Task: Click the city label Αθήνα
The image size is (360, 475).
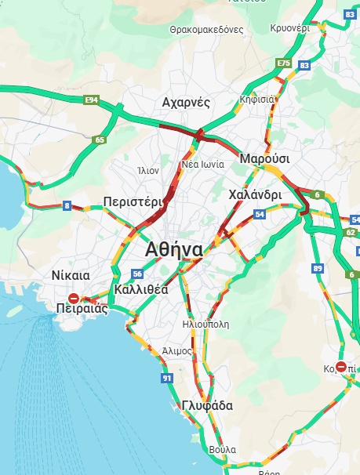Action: [x=174, y=250]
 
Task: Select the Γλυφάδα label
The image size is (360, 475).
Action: [x=206, y=405]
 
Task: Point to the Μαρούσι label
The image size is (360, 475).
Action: [x=264, y=158]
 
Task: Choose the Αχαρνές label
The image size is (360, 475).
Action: [x=186, y=103]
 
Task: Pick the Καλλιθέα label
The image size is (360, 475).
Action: [x=141, y=289]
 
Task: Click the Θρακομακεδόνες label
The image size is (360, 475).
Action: [x=206, y=30]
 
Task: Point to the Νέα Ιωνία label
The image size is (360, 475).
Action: [x=202, y=165]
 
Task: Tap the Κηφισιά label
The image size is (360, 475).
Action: [x=256, y=100]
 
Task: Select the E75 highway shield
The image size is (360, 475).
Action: [x=283, y=63]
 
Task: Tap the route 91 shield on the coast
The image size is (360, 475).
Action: [x=167, y=379]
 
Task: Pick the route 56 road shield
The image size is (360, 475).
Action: [x=137, y=274]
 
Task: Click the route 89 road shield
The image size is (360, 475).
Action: [x=318, y=269]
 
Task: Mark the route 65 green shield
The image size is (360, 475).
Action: [x=99, y=140]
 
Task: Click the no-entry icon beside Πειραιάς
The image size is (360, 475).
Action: [x=74, y=298]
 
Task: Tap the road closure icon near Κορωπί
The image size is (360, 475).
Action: [x=341, y=366]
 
